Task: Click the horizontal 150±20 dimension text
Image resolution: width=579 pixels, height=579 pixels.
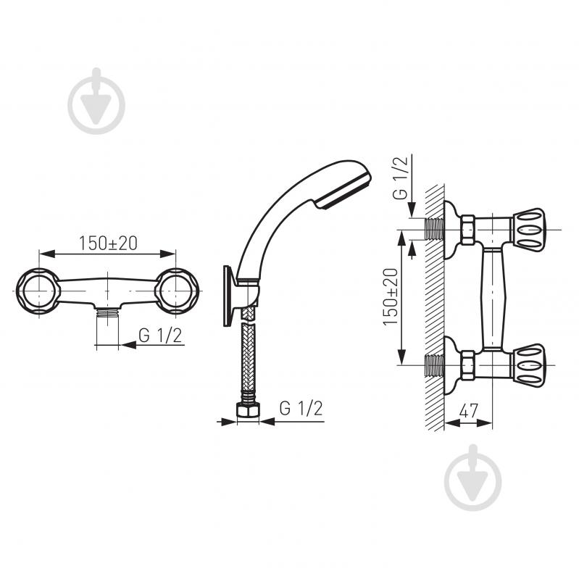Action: point(107,243)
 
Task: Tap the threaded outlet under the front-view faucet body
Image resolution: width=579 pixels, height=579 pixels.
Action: point(107,313)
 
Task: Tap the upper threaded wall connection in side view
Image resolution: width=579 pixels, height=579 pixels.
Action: point(435,228)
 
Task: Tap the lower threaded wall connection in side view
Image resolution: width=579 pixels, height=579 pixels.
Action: point(435,366)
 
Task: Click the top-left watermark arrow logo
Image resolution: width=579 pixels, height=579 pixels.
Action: point(96,101)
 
